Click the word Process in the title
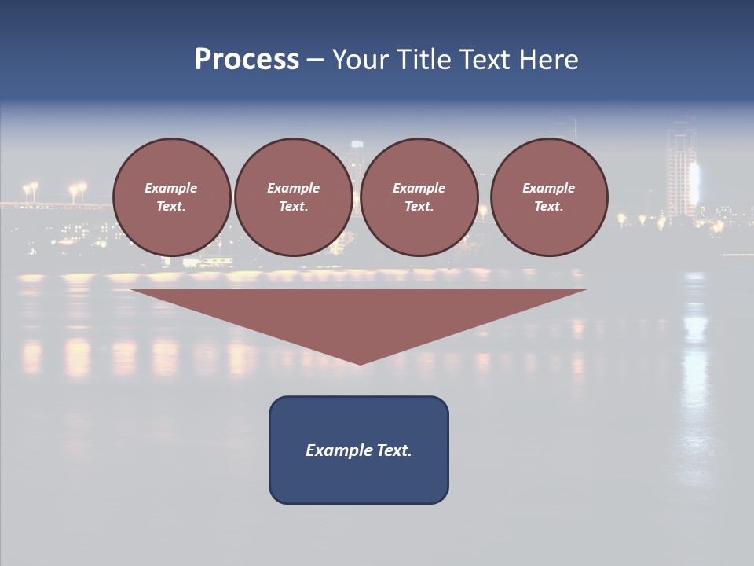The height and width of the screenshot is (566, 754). [x=247, y=60]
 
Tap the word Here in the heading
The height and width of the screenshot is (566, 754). [x=547, y=60]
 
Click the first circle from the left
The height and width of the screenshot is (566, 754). [x=171, y=197]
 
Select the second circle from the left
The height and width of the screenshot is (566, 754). [x=293, y=197]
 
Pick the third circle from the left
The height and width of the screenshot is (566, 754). [x=419, y=197]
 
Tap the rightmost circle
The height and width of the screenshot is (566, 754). [x=549, y=197]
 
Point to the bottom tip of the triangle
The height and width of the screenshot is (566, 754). [x=360, y=362]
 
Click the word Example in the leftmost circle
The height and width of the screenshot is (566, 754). [x=171, y=188]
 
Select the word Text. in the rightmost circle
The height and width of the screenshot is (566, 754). [x=549, y=207]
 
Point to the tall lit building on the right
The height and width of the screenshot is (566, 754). [x=681, y=173]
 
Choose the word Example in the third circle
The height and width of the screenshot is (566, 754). [x=419, y=188]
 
